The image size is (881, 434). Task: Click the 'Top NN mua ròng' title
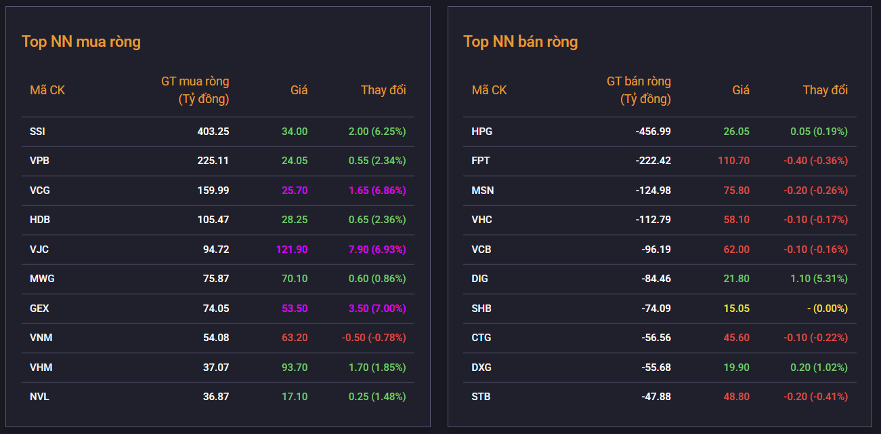[x=81, y=42]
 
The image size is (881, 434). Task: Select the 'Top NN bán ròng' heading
[x=521, y=42]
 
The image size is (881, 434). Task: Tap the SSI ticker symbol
[x=37, y=131]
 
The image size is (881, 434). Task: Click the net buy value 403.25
[x=213, y=131]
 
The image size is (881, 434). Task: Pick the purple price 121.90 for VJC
[x=292, y=250]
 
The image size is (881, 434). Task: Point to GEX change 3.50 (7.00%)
[x=377, y=309]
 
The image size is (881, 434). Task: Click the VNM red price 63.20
[x=295, y=338]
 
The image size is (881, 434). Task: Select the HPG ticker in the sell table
[x=481, y=131]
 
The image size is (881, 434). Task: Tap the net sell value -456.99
[x=653, y=131]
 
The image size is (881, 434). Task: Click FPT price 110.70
[x=734, y=161]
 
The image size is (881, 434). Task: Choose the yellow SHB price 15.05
[x=737, y=309]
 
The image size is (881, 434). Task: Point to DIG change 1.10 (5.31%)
[x=819, y=279]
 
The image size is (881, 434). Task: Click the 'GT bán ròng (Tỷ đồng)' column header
[x=639, y=90]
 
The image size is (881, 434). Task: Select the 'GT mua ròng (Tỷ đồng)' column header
[x=195, y=90]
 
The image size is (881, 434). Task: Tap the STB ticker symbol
[x=481, y=397]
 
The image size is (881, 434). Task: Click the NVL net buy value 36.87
[x=216, y=397]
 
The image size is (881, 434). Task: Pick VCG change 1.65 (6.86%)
[x=377, y=191]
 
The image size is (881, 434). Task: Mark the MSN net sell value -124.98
[x=653, y=191]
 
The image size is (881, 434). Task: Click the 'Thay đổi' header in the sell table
[x=825, y=90]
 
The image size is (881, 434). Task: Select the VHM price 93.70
[x=295, y=368]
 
